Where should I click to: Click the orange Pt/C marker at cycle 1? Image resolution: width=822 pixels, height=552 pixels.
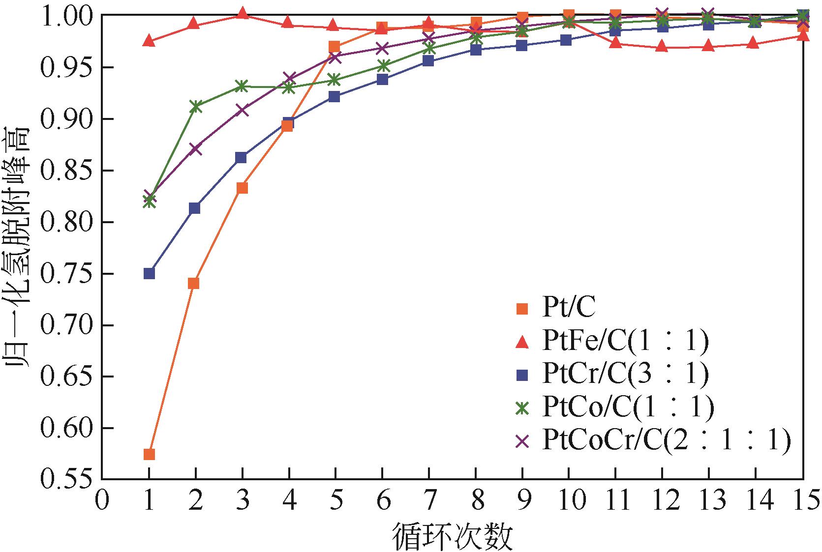(x=149, y=454)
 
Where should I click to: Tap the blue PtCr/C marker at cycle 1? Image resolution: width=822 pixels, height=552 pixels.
(x=149, y=273)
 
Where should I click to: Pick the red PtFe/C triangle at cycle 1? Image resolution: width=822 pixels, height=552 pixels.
(x=149, y=41)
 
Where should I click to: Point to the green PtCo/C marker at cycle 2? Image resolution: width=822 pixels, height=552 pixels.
(x=196, y=106)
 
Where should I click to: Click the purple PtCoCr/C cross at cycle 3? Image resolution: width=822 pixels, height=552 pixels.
(x=242, y=110)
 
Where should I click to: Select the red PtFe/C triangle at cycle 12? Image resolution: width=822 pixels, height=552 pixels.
(x=662, y=47)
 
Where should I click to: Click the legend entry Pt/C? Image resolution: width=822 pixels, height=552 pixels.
(x=568, y=309)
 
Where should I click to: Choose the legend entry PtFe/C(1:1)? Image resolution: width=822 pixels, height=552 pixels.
(x=625, y=342)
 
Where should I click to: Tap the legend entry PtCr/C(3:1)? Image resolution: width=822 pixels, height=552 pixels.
(x=625, y=375)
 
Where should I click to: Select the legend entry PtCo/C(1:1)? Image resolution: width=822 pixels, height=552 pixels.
(x=627, y=407)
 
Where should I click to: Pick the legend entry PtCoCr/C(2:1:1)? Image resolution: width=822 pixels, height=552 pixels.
(x=667, y=440)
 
